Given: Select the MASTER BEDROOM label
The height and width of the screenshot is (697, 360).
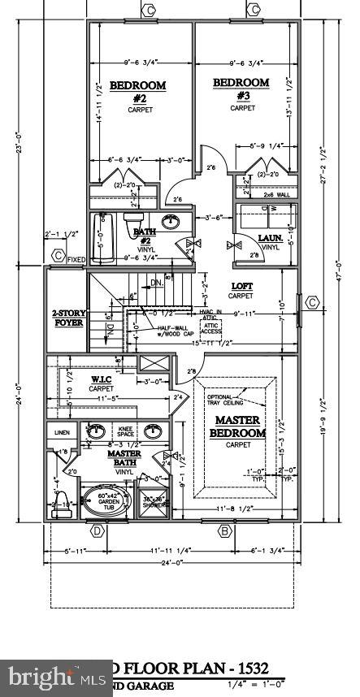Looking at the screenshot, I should [x=238, y=426].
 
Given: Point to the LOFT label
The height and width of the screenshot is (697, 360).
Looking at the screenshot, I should [x=242, y=286].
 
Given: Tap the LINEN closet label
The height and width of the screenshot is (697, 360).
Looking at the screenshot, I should [x=62, y=431].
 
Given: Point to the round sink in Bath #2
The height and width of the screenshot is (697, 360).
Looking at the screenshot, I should [x=171, y=221].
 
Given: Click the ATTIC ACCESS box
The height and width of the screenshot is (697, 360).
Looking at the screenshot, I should [x=210, y=327].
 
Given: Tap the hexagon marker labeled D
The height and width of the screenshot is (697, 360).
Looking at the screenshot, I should [x=97, y=531].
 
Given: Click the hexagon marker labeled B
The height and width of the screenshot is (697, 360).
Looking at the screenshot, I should [x=224, y=531].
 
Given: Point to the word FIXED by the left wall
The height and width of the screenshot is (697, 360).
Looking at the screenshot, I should [x=76, y=260].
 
